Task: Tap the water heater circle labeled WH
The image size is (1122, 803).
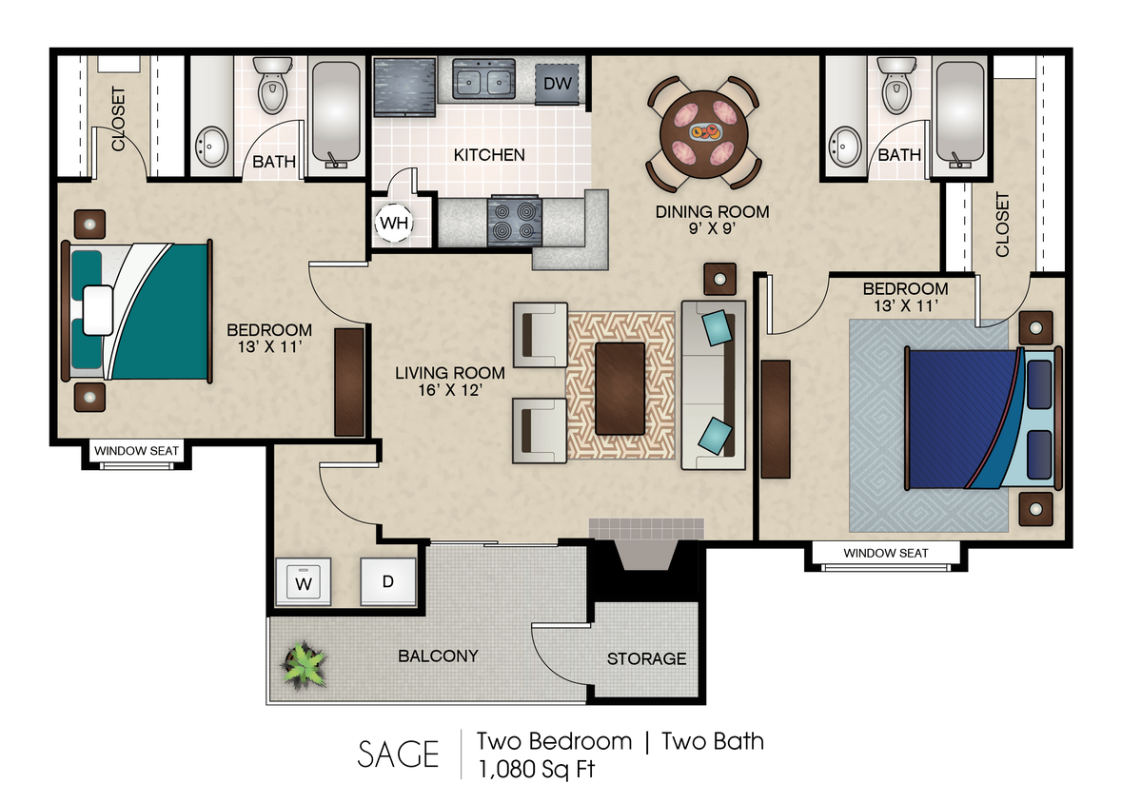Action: click(x=394, y=224)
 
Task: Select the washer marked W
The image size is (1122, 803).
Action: click(x=303, y=581)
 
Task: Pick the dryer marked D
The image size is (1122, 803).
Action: click(x=388, y=580)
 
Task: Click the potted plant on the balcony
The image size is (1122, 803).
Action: click(x=304, y=664)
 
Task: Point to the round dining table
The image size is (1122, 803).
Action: click(x=704, y=134)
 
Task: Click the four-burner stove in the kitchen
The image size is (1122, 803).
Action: click(x=514, y=221)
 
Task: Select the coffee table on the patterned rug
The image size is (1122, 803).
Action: click(x=620, y=388)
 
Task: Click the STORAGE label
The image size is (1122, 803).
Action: click(x=646, y=658)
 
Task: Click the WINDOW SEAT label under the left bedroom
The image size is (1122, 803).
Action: click(x=135, y=451)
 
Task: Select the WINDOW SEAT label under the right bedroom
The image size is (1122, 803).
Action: click(x=885, y=553)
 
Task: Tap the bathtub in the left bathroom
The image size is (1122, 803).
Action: click(x=336, y=111)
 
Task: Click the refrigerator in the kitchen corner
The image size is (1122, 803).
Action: click(x=404, y=87)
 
